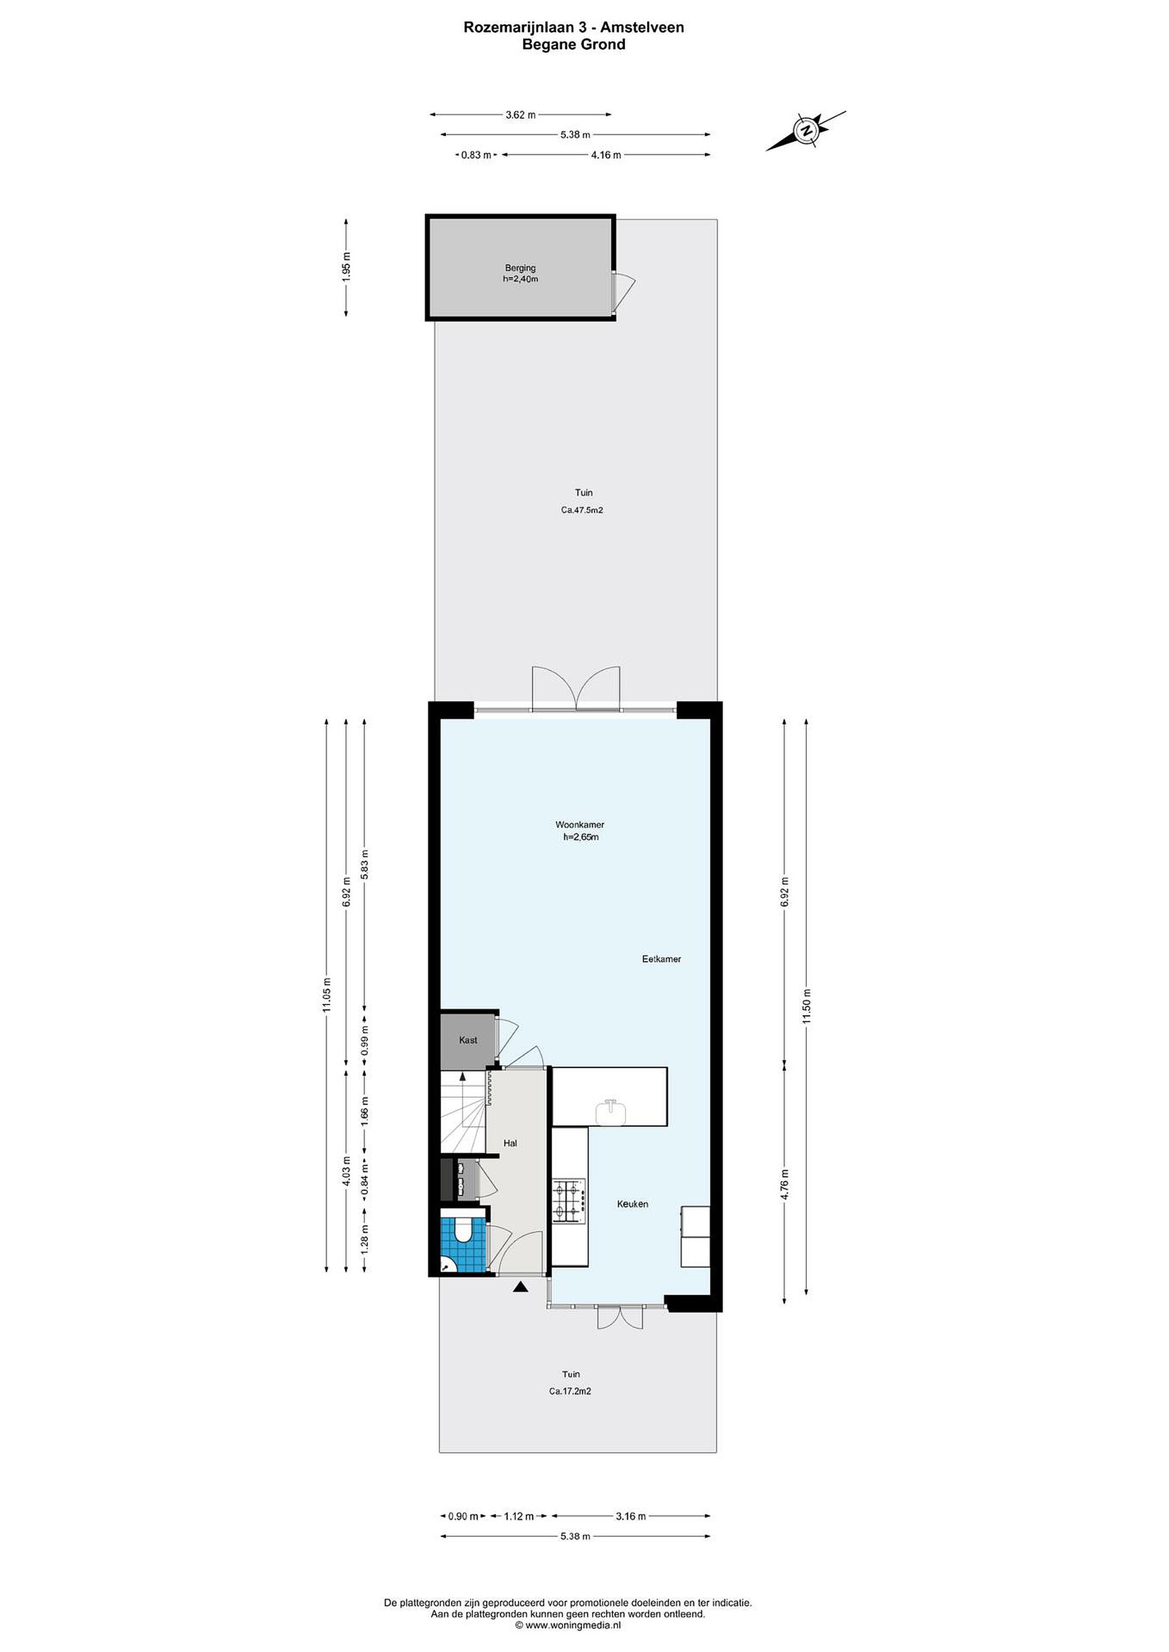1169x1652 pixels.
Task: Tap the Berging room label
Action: coord(520,268)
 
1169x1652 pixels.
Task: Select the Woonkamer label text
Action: coord(580,824)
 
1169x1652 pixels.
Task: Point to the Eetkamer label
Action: coord(662,959)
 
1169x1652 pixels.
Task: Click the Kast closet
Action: coord(468,1041)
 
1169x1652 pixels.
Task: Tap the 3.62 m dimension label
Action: coord(521,114)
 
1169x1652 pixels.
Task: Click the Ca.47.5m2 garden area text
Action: coord(582,510)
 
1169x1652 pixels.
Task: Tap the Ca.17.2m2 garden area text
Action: coord(570,1392)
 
